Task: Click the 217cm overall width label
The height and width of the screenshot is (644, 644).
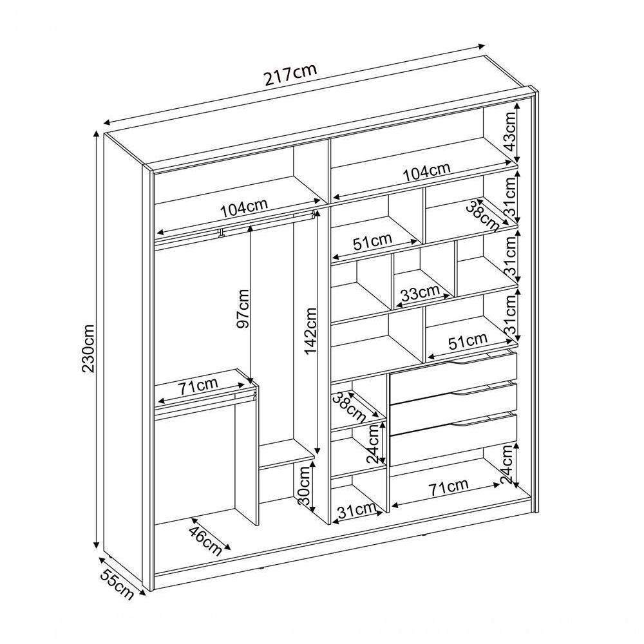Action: tap(291, 74)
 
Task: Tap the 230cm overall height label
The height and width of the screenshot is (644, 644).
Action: tap(89, 348)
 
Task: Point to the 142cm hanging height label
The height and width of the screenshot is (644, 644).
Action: tap(310, 331)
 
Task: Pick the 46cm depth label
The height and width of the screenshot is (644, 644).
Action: tap(205, 540)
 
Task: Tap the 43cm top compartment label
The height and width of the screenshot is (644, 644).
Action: tap(509, 132)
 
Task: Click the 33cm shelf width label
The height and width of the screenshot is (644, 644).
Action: tap(420, 293)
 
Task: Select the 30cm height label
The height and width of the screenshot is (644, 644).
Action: tap(305, 486)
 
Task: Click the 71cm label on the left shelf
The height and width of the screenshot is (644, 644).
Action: tap(198, 386)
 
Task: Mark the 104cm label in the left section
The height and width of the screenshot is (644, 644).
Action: tap(244, 208)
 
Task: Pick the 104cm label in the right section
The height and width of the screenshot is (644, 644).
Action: tap(427, 173)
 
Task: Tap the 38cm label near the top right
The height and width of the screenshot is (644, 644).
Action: tap(482, 216)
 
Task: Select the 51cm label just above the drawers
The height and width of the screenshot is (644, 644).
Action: tap(467, 341)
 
